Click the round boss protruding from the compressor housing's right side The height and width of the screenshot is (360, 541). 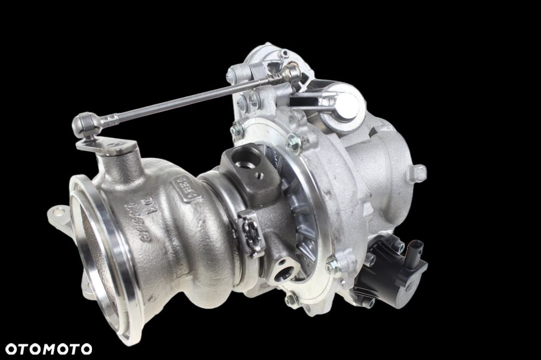click(x=418, y=173)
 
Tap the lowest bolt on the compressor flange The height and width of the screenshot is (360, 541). click(x=292, y=299)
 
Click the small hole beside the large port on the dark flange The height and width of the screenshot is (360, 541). click(x=261, y=175)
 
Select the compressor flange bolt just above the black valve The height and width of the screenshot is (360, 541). click(x=333, y=265)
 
